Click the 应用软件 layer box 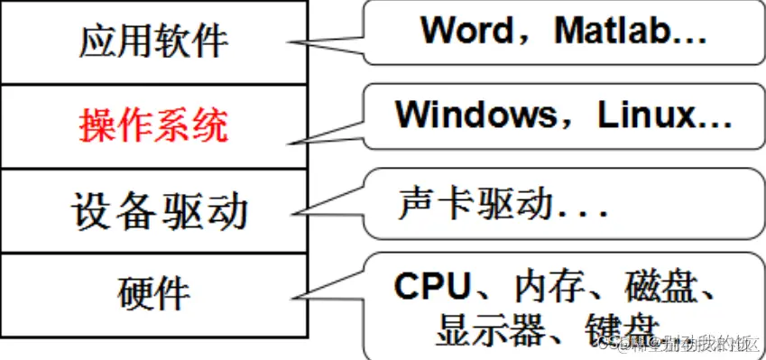click(153, 42)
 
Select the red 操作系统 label click(153, 126)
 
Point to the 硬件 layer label click(154, 294)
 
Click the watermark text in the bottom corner click(677, 345)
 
